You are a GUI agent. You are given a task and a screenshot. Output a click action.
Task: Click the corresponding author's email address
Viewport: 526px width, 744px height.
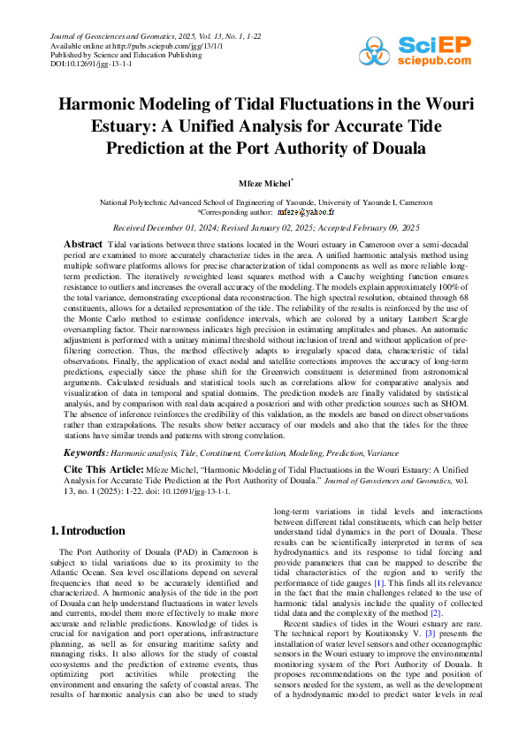coord(306,213)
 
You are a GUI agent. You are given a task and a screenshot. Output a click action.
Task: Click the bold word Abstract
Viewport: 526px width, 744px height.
coord(83,243)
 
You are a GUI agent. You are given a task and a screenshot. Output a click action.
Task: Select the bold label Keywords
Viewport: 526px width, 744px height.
coord(87,452)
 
